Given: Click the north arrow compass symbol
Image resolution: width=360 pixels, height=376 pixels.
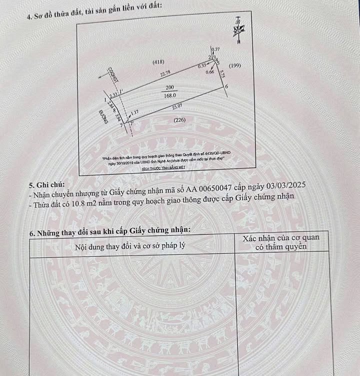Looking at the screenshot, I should [x=239, y=29].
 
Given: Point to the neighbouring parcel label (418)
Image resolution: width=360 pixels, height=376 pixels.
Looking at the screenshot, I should [x=158, y=62].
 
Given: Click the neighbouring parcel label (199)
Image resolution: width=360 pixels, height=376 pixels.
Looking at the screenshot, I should [x=234, y=66].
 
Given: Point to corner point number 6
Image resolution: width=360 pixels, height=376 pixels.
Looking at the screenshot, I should [x=226, y=87].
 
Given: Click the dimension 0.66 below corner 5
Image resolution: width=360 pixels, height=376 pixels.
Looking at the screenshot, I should [x=210, y=72].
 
